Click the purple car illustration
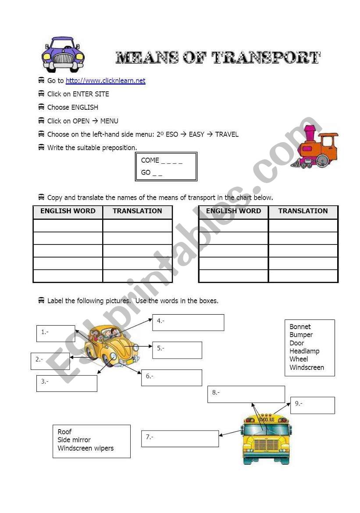(63, 55)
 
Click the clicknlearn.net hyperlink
(105, 81)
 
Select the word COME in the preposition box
(150, 160)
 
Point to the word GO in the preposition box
(146, 172)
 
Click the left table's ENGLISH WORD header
(68, 211)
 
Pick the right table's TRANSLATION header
(303, 211)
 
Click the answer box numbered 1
(56, 334)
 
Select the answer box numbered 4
(188, 322)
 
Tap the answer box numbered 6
(171, 378)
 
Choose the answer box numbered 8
(246, 394)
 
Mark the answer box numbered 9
(313, 405)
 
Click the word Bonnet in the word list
(300, 327)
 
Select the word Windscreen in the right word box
(307, 368)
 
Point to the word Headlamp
(304, 351)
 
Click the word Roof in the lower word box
(64, 432)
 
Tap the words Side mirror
(74, 440)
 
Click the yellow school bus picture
(266, 439)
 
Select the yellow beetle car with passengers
(111, 345)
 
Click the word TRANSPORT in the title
(266, 57)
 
